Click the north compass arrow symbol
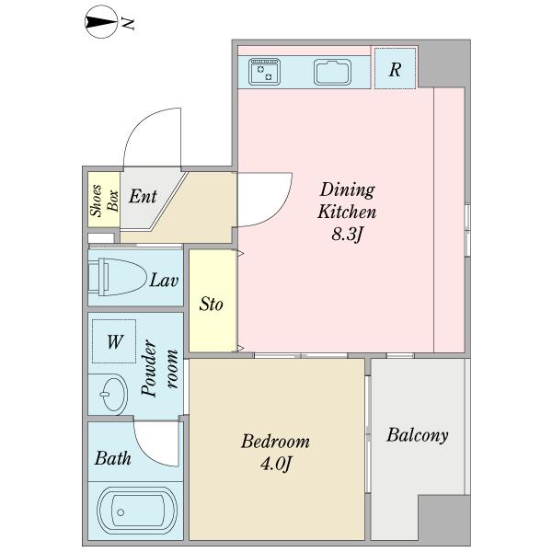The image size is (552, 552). point(101,22)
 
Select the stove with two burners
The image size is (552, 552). point(264,72)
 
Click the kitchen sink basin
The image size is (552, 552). point(332,72)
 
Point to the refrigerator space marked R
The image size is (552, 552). point(395,69)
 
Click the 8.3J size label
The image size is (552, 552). point(347,234)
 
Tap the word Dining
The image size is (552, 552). point(348,190)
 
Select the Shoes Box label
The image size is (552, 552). point(104,200)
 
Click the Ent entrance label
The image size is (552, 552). point(143,197)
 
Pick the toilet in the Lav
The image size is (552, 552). point(117,277)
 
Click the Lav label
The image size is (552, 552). point(164,281)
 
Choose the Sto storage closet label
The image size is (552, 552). point(211,304)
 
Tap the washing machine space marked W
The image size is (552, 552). point(114,341)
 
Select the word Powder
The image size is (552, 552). point(149,368)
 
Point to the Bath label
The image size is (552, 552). point(112,458)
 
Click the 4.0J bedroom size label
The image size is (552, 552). point(276,464)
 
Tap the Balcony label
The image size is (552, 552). point(418,435)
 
